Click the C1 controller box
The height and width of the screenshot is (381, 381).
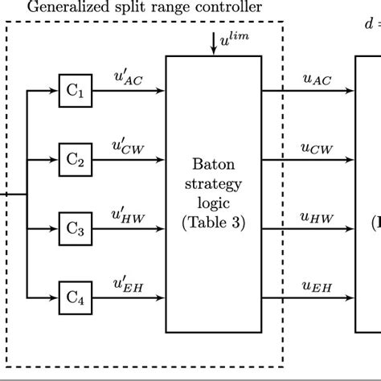click(75, 92)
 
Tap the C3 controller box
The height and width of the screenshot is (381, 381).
click(75, 228)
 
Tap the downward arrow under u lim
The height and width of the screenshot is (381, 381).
click(213, 47)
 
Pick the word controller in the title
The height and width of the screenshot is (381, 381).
click(231, 8)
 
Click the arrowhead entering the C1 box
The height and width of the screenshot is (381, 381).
click(55, 92)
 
